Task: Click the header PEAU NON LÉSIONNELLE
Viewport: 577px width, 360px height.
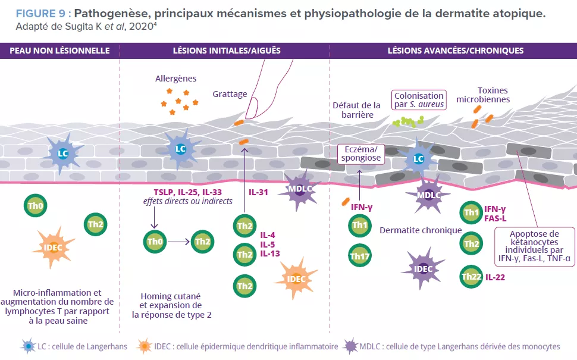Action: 59,51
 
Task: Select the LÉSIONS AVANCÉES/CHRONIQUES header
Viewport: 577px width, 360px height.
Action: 456,51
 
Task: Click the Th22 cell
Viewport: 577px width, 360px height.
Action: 472,277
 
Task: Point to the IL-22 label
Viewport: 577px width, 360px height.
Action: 496,277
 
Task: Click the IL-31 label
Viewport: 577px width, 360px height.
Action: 259,193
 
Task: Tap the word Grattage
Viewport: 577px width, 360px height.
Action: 229,94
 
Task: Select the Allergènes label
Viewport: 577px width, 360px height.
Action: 175,78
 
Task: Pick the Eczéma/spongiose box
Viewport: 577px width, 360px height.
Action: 360,154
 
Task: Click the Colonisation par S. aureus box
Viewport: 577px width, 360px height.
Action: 419,99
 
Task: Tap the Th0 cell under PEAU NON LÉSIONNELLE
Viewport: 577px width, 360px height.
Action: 36,206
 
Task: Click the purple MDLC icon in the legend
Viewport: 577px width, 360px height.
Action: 350,346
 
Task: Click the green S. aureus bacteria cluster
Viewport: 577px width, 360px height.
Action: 407,121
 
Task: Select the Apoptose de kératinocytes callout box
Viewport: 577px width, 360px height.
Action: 534,246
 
